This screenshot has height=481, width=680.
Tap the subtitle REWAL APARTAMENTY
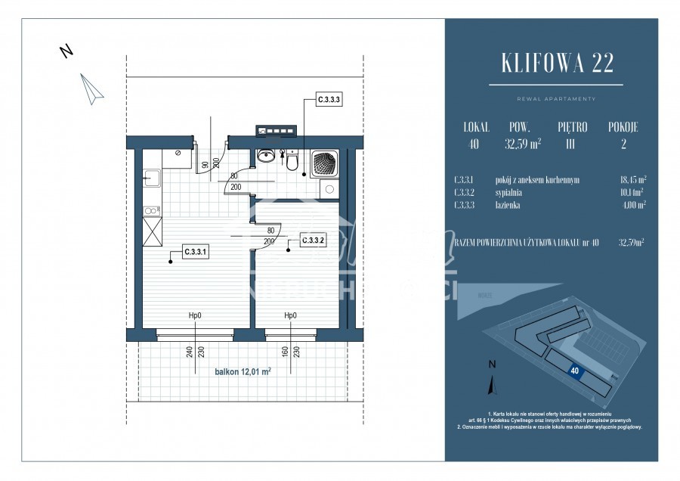tap(550, 99)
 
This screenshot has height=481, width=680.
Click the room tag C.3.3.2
tap(314, 241)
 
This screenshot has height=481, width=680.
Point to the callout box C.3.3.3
tap(329, 98)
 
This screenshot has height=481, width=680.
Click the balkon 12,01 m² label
tap(243, 371)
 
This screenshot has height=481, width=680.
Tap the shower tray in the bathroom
tap(326, 163)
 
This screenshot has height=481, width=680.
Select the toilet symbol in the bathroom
tap(292, 160)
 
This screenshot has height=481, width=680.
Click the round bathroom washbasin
tap(265, 156)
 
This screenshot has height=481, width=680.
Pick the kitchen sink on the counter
tap(150, 178)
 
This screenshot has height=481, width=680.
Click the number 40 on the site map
tap(575, 371)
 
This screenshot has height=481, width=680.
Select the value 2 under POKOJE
tap(623, 144)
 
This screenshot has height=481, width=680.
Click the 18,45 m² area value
tap(632, 181)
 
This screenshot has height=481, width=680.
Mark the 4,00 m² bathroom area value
tap(633, 205)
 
